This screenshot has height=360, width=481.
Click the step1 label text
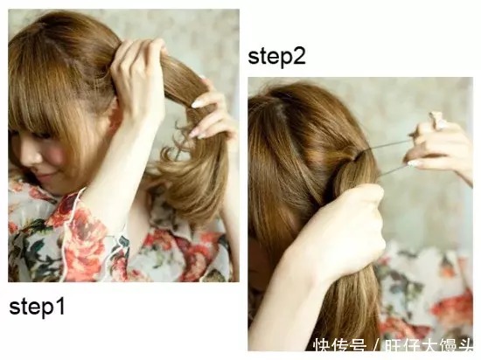(x=37, y=307)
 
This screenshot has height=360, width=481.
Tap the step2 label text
(x=276, y=57)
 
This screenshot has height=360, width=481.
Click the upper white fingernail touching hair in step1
(x=198, y=103)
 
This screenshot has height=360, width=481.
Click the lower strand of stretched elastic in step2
(x=393, y=170)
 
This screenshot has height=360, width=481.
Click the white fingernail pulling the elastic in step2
(x=413, y=163)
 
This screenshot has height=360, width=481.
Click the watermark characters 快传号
(x=339, y=346)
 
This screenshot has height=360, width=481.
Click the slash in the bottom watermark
(x=375, y=346)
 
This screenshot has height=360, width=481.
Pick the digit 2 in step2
(x=299, y=56)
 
